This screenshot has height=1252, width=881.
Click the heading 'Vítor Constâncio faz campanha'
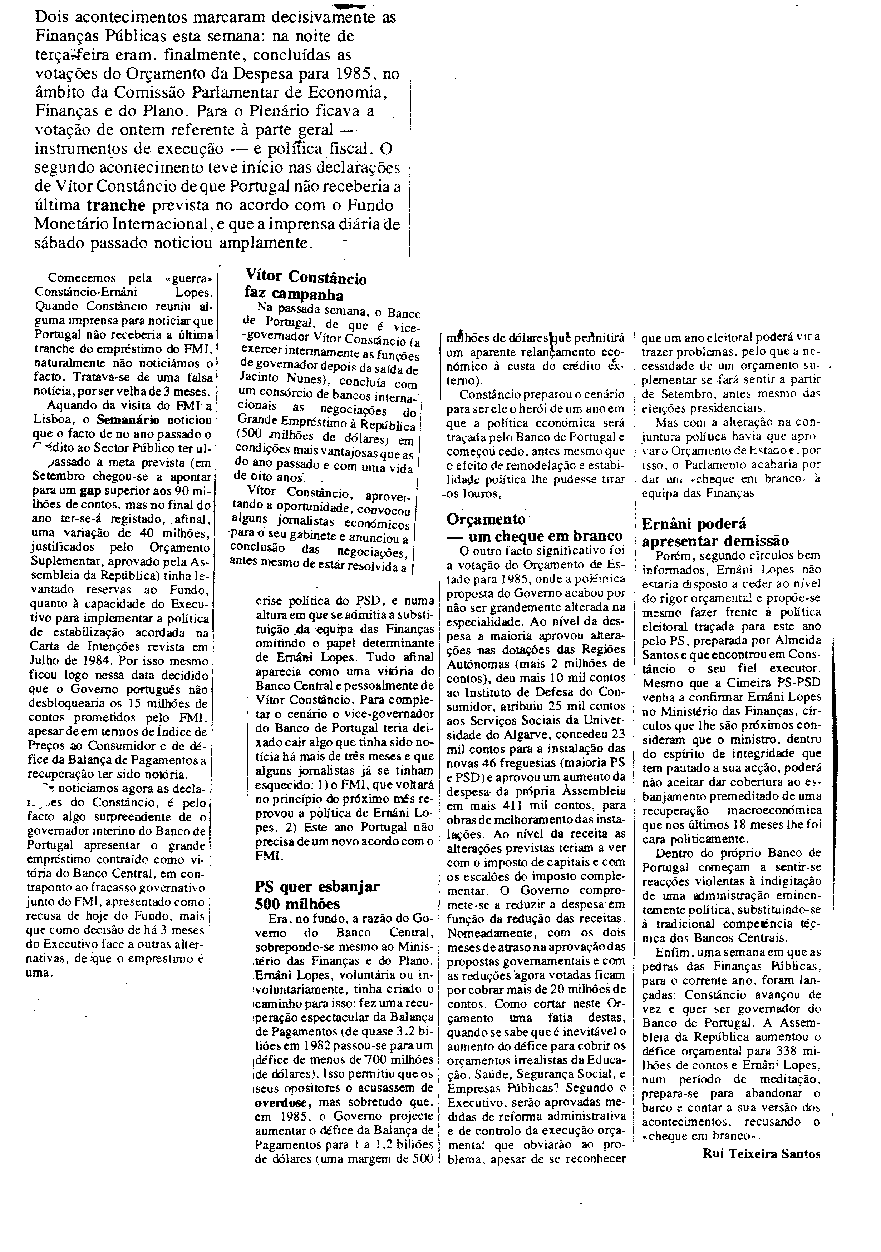coord(305,286)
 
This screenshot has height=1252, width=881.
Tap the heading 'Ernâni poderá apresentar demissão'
coord(715,532)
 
